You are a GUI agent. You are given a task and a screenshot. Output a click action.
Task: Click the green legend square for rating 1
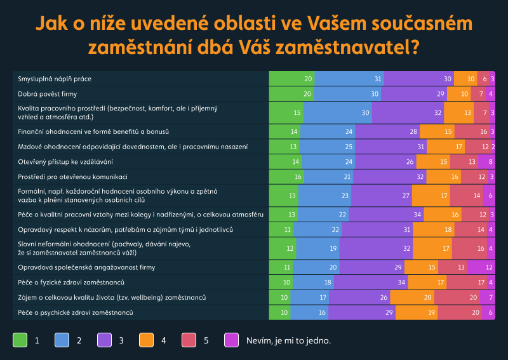(20, 340)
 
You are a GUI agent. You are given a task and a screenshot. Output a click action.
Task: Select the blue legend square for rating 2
(62, 340)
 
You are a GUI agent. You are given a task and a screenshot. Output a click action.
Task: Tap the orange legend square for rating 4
(147, 340)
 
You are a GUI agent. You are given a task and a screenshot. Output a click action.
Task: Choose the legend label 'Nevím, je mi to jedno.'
(288, 340)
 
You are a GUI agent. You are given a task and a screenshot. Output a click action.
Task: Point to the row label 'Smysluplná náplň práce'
(55, 79)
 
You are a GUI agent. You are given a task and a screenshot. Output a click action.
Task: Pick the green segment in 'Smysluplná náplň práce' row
(291, 79)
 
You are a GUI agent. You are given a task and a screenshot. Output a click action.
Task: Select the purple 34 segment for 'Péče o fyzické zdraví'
(379, 282)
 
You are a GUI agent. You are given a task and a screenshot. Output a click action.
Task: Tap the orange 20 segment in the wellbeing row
(411, 297)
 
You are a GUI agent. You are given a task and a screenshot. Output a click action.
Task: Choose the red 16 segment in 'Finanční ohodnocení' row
(471, 131)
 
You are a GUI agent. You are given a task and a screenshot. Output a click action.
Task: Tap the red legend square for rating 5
(189, 340)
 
